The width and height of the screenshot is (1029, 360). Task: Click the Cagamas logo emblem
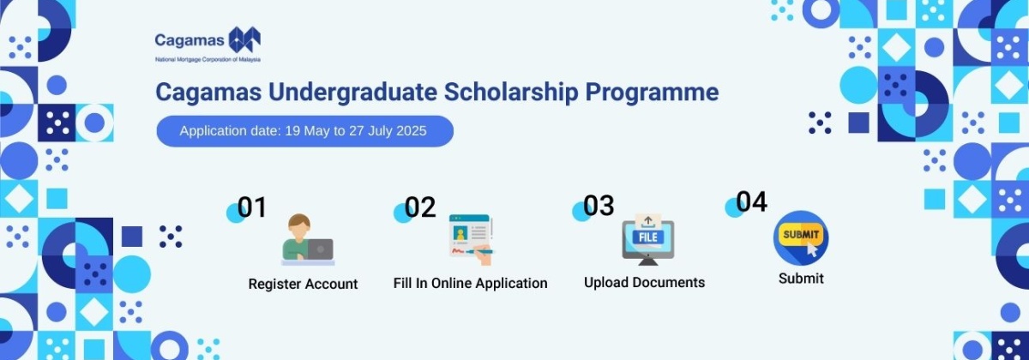pos(244,39)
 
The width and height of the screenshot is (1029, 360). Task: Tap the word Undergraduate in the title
pos(352,93)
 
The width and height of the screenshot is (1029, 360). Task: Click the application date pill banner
pos(305,131)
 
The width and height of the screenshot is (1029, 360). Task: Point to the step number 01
pos(252,207)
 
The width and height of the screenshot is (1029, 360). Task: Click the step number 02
pos(420,207)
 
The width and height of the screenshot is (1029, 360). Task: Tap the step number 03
pos(599,205)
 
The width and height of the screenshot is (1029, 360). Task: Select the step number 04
pos(751,201)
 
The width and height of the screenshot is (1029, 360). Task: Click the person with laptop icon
pos(308,239)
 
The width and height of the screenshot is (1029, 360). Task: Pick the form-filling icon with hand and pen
pos(472,239)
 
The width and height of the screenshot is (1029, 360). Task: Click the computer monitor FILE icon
pos(647,239)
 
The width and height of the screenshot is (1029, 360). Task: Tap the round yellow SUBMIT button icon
pos(801,238)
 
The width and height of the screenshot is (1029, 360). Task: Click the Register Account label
pos(304,284)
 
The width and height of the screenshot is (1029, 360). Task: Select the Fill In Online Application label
pos(471,283)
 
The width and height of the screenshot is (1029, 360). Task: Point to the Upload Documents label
pos(645,282)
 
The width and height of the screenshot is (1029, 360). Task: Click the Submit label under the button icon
pos(801,279)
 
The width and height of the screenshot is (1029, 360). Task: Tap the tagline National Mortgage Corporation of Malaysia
pos(208,60)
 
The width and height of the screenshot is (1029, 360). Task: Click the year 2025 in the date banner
pos(411,131)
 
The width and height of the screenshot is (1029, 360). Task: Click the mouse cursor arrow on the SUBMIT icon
pos(812,249)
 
